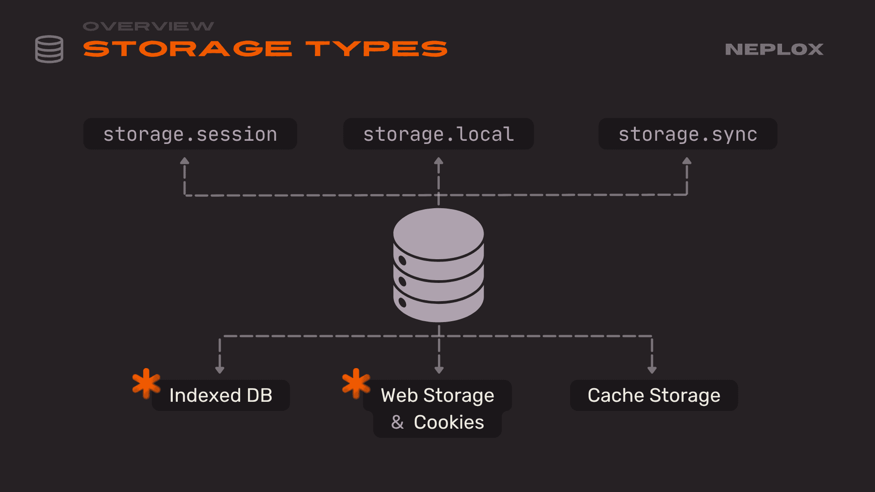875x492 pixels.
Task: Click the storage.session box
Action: click(190, 134)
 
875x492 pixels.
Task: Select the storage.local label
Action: click(438, 134)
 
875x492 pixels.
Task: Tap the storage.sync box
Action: click(688, 134)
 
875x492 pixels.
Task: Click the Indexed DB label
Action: click(221, 395)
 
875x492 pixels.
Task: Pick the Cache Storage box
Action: click(654, 395)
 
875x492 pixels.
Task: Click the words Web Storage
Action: click(437, 395)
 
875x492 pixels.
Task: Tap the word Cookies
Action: click(449, 422)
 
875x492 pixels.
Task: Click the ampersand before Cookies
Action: click(397, 422)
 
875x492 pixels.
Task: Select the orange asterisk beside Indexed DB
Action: click(146, 383)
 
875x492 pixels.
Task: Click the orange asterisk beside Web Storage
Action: click(356, 383)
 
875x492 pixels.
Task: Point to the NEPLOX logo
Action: click(774, 49)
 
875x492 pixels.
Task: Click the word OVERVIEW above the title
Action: click(148, 26)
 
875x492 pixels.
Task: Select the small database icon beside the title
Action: click(49, 49)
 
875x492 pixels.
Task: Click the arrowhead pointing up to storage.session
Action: click(185, 161)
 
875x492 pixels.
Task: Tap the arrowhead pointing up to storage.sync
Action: click(687, 161)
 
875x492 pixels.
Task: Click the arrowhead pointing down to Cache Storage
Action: click(652, 370)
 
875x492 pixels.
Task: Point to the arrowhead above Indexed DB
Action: click(220, 370)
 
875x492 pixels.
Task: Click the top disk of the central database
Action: click(438, 233)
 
